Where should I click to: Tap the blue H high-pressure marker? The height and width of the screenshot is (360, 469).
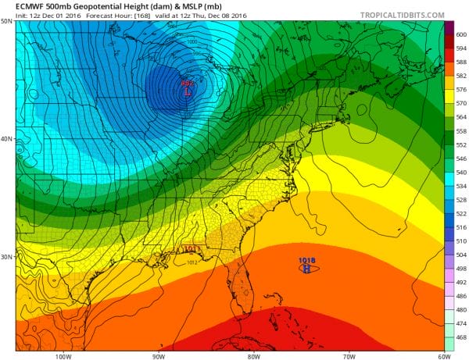[306, 268]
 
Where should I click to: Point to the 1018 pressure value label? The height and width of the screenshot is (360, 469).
[306, 260]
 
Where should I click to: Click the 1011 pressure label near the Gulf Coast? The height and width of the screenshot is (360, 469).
[192, 249]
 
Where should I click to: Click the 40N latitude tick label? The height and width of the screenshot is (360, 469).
[7, 139]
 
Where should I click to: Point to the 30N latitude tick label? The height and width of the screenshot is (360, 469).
[7, 257]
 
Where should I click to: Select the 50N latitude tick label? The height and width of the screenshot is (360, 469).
[7, 22]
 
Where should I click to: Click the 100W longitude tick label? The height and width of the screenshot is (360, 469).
[64, 356]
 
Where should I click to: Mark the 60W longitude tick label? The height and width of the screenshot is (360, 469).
[442, 356]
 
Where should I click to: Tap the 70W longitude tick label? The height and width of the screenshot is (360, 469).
[348, 356]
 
